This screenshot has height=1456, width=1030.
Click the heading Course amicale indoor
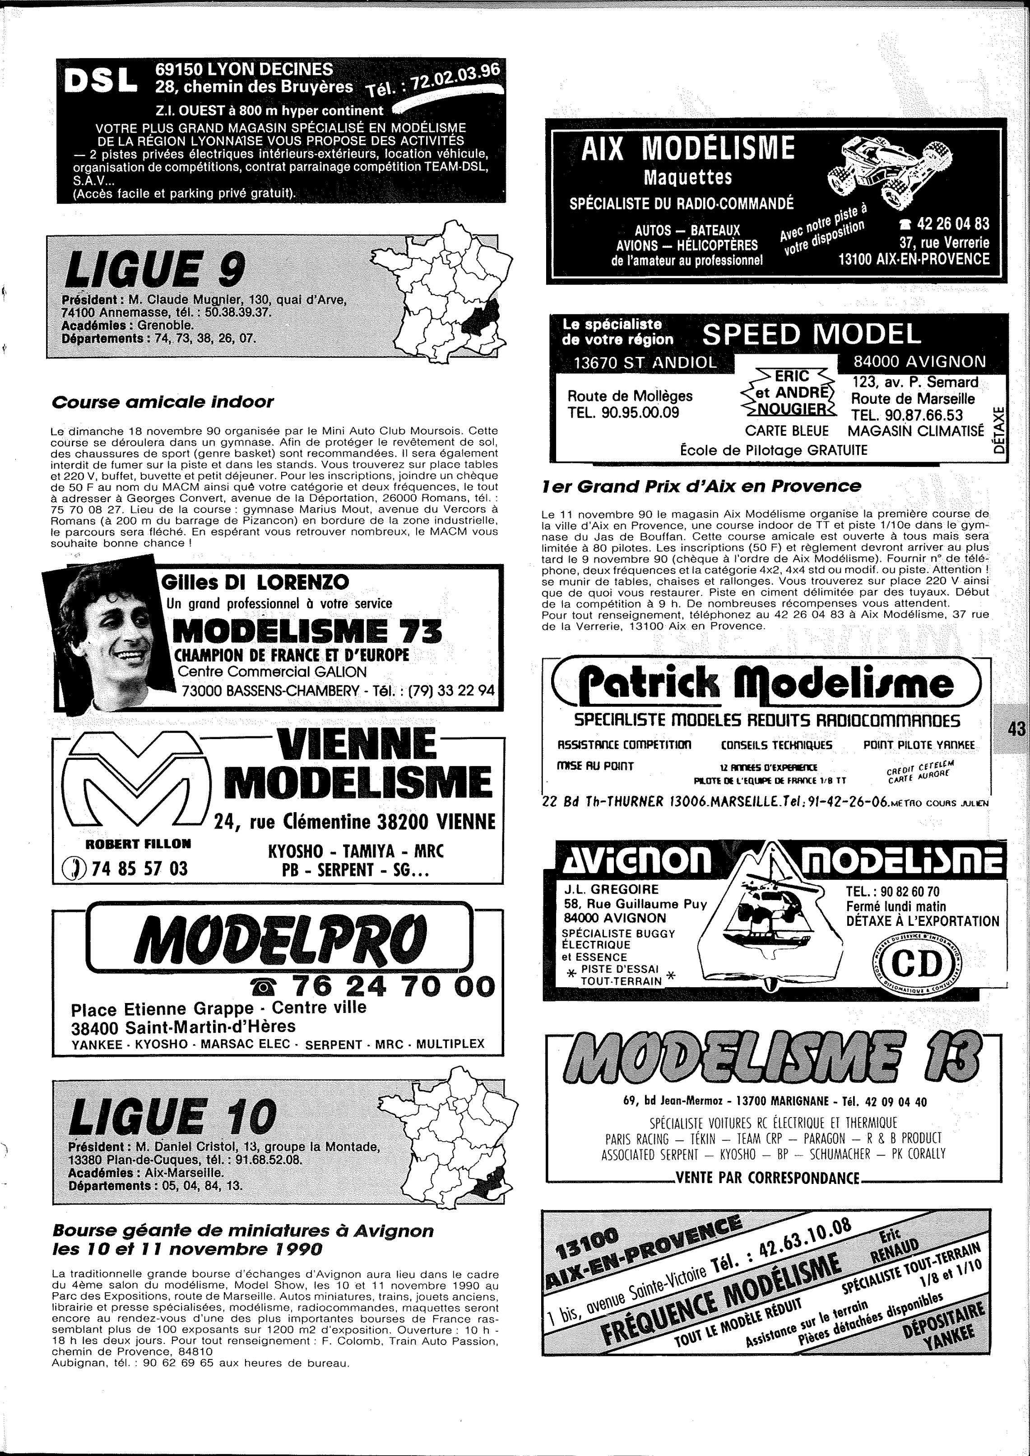[x=162, y=402]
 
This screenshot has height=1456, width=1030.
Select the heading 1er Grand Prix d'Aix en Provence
[x=701, y=486]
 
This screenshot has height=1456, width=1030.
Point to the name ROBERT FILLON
[x=138, y=843]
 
